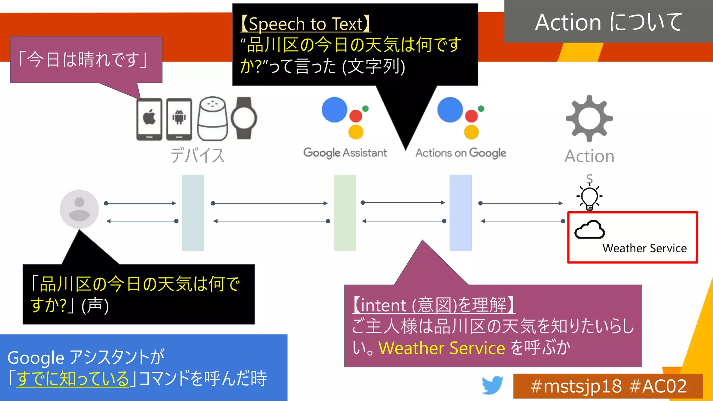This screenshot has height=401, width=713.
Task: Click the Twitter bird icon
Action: tap(492, 385)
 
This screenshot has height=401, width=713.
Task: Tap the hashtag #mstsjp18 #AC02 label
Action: tap(608, 386)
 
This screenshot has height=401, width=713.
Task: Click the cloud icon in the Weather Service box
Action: tap(589, 230)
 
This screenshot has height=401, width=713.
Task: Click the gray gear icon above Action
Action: tap(589, 118)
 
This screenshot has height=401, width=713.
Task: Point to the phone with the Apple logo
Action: tap(149, 119)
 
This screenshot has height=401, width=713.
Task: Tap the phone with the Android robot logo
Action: tap(179, 119)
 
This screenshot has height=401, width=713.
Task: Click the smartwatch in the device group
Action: tap(244, 118)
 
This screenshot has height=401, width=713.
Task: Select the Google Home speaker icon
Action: tap(212, 119)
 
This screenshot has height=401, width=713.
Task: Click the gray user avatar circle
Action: tap(79, 209)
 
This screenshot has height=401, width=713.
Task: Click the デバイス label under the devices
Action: tap(197, 155)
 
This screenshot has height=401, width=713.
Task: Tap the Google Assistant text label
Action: tap(345, 153)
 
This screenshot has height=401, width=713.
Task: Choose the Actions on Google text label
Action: tap(461, 153)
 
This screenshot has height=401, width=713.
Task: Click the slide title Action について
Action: tap(608, 22)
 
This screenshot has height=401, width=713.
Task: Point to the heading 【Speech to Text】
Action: tap(305, 24)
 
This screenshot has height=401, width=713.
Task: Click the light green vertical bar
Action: tap(345, 213)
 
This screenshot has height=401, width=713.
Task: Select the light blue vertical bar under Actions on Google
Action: tap(460, 213)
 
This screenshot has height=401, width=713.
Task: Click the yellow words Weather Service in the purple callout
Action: tap(441, 348)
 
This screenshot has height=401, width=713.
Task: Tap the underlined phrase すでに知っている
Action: tap(73, 379)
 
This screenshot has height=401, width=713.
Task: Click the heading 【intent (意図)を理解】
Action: tap(433, 305)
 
